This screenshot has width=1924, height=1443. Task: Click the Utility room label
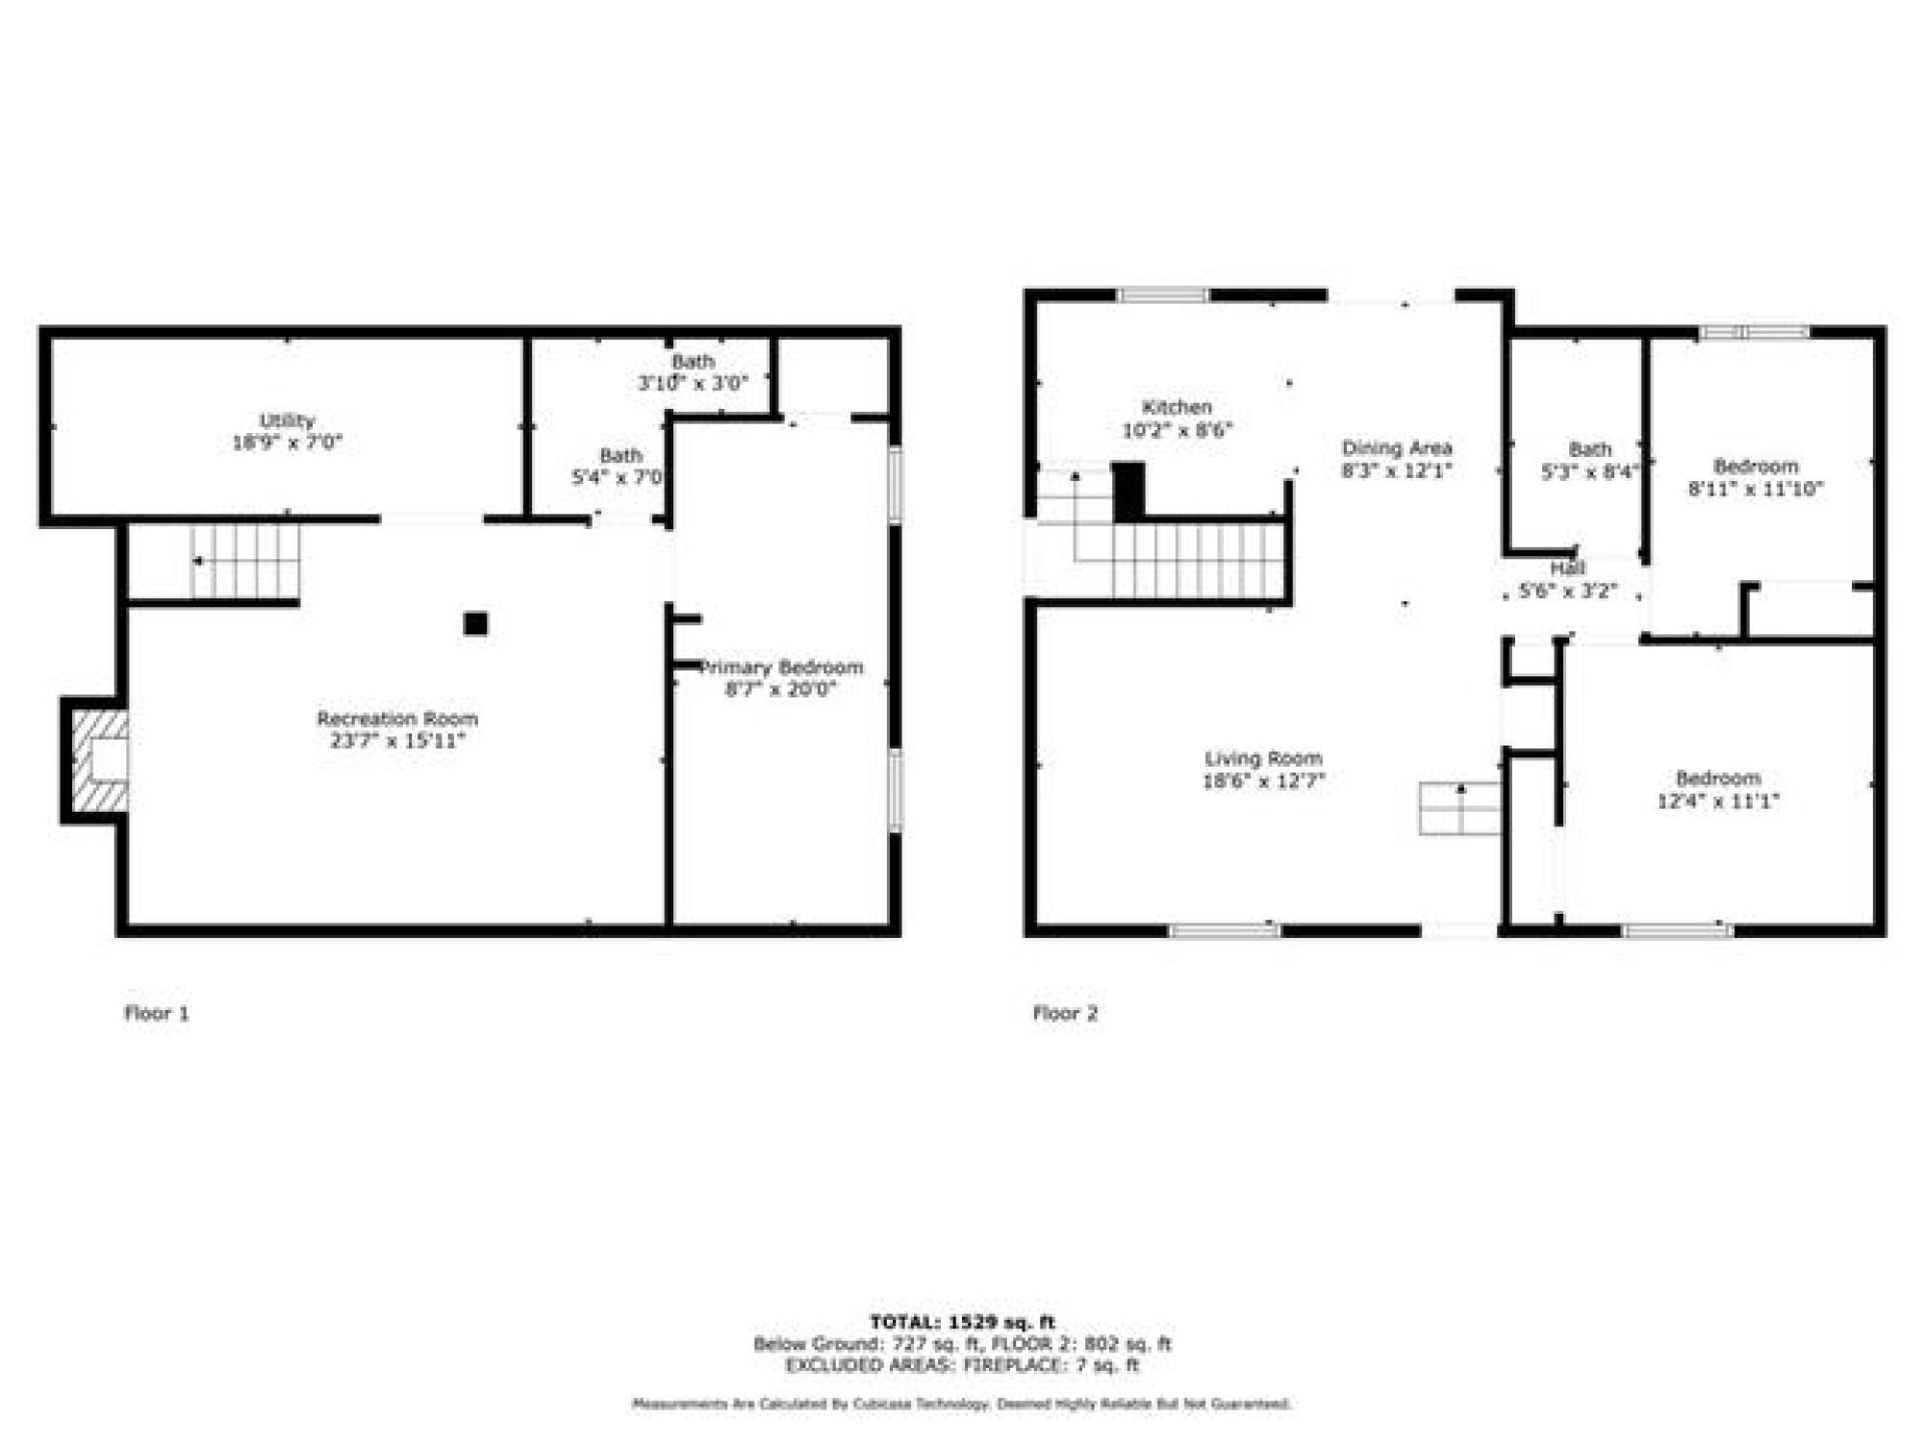coord(287,420)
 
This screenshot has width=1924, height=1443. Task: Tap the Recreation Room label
coord(396,719)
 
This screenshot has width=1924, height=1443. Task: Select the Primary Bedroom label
coord(781,668)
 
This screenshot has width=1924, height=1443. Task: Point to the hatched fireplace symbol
coord(100,760)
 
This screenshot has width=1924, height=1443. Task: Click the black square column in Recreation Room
coord(475,623)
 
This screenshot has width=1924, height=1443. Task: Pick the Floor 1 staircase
coord(244,561)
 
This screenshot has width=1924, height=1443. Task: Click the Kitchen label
coord(1177,407)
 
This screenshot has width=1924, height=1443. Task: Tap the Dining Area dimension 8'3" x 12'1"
coord(1396,470)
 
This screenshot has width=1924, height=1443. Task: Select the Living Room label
coord(1263,758)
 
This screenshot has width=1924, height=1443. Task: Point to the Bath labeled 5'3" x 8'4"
coord(1589,449)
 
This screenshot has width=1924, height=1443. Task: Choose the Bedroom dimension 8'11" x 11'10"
coord(1756,489)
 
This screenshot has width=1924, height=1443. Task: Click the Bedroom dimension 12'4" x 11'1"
coord(1717,800)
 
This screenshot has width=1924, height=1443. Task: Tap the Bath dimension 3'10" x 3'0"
coord(693,383)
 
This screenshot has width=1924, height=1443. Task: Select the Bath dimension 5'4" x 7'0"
coord(618,476)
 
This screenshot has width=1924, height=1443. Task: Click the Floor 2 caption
coord(1065,1013)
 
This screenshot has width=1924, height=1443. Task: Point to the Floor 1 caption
coord(157,1013)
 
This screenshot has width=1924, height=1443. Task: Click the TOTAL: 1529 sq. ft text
coord(962,1323)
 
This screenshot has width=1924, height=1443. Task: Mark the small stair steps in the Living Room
coord(1459,808)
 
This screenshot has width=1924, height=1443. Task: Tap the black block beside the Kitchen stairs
coord(1128,491)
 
